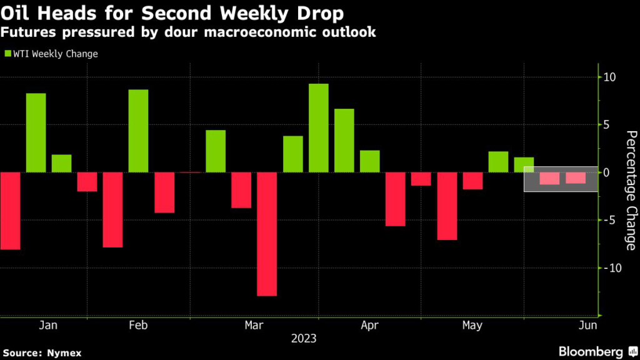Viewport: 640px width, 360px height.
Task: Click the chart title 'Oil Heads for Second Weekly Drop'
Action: point(172,13)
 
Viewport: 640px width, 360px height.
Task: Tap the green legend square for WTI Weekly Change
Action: point(7,54)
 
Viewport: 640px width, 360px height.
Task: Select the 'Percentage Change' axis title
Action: point(631,190)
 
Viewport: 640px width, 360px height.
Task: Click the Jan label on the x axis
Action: point(48,325)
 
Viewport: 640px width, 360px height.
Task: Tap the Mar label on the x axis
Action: point(254,325)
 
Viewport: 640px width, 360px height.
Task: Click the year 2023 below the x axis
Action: point(304,339)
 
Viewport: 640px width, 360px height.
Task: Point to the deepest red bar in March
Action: point(267,234)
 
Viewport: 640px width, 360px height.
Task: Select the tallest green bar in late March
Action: point(318,127)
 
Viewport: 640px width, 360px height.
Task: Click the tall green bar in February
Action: point(138,131)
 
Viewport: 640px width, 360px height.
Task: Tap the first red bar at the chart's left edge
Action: point(10,211)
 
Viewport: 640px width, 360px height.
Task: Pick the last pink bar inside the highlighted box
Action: point(576,177)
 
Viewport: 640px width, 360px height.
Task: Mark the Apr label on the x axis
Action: point(370,325)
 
